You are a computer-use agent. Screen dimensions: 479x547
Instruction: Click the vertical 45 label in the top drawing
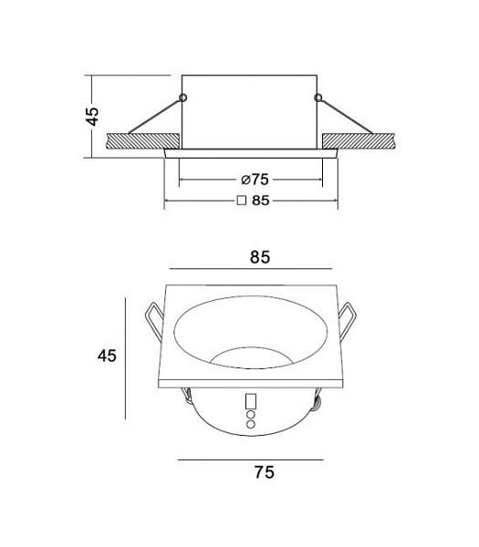coord(92,117)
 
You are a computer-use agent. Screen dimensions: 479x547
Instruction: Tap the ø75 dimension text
coord(255,180)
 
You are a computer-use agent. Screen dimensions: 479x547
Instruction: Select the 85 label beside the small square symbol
coord(261,201)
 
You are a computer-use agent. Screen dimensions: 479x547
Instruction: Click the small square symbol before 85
coord(242,201)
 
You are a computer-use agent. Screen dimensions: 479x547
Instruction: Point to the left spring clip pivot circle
coord(183,98)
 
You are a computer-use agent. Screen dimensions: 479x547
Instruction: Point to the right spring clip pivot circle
coord(318,98)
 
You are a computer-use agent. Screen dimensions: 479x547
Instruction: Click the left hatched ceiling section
coord(142,141)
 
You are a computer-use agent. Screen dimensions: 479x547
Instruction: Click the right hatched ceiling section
coord(359,141)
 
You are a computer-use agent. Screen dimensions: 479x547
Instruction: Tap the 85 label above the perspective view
coord(260,257)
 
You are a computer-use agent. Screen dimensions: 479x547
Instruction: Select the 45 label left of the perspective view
coord(107,356)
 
